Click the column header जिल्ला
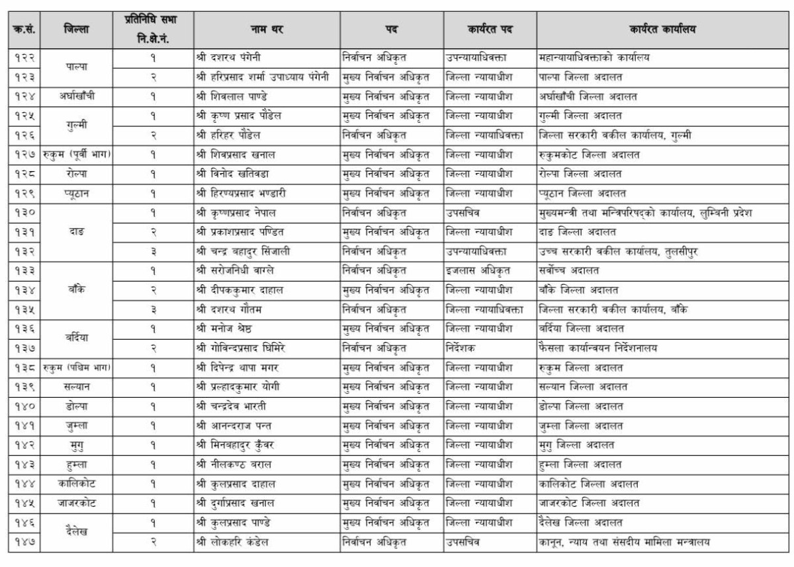(77, 29)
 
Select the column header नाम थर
(267, 29)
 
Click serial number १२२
(25, 57)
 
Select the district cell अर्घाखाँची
(77, 96)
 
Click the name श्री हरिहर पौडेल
(228, 135)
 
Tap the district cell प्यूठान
(77, 194)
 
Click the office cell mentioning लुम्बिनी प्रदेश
(645, 213)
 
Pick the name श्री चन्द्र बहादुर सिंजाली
(243, 252)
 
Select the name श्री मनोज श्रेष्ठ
(228, 328)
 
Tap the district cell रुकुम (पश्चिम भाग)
(77, 367)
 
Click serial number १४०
(25, 406)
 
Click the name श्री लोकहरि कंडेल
(235, 542)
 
